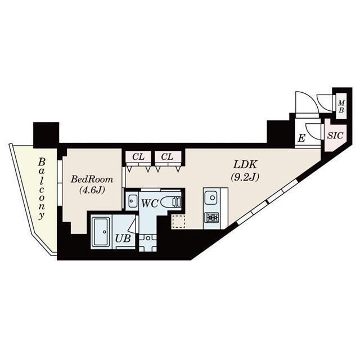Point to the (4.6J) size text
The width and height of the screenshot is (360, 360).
point(91,190)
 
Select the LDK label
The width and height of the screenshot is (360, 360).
point(245,165)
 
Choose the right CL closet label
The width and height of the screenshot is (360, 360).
point(167,156)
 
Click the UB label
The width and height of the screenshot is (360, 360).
point(123,238)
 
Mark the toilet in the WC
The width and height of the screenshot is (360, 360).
point(170,201)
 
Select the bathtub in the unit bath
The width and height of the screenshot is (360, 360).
point(102,230)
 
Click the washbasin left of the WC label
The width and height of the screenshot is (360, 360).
point(132,201)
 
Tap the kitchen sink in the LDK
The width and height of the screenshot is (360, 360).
point(211,198)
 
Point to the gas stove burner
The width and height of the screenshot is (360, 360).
point(211,218)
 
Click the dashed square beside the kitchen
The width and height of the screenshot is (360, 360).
point(178,222)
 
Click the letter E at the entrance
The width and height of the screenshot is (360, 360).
point(301,138)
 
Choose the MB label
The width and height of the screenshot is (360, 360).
point(341,106)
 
